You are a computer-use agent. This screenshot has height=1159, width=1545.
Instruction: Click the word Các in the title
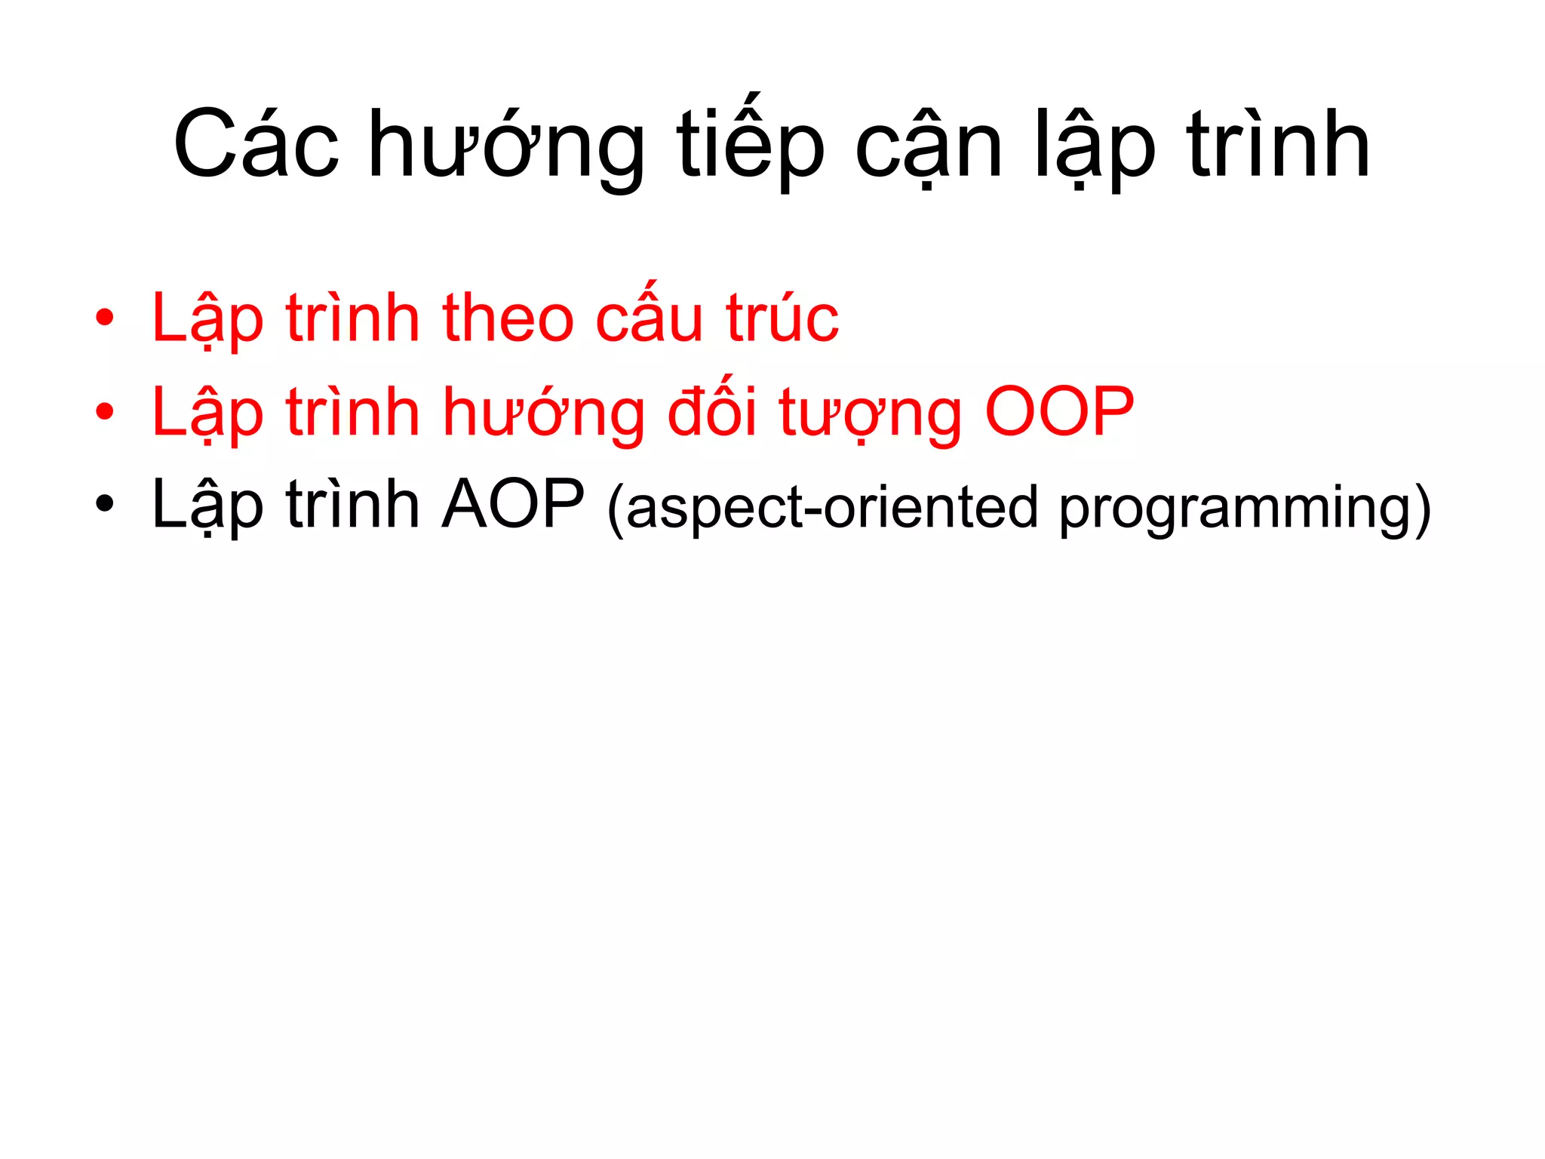tap(256, 145)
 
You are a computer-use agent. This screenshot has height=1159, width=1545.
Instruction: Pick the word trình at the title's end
tap(1278, 145)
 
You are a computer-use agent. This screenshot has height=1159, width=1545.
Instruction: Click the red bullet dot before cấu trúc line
tap(105, 318)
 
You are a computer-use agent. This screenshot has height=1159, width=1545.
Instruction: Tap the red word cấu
tap(649, 317)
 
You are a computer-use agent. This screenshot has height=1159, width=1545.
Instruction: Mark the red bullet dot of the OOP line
tap(105, 412)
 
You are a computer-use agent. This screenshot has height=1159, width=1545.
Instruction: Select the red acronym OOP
tap(1059, 412)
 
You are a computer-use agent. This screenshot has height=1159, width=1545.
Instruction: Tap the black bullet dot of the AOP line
tap(105, 503)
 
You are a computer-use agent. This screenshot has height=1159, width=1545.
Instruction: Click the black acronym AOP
tap(513, 504)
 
